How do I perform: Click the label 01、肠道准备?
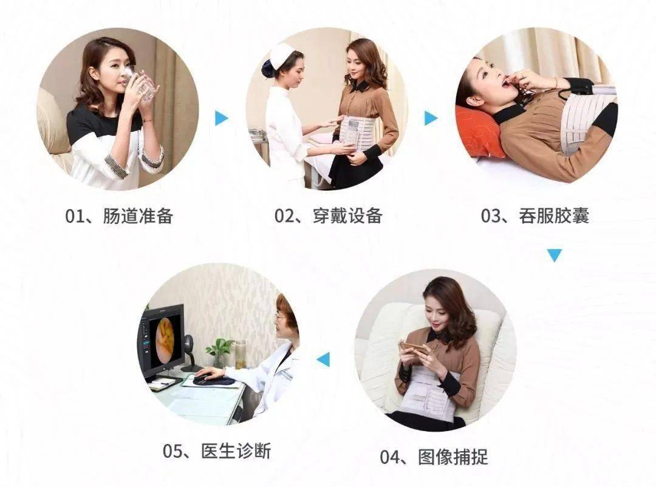[119, 216]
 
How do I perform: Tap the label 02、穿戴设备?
[329, 216]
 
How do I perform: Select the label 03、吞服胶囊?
[535, 216]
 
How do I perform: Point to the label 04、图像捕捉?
[434, 457]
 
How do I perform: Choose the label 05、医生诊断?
[217, 451]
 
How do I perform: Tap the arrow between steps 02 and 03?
[431, 118]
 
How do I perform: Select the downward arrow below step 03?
[555, 255]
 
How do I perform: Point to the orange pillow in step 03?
[476, 132]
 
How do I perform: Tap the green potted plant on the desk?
[219, 352]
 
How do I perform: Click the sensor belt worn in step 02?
[357, 132]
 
